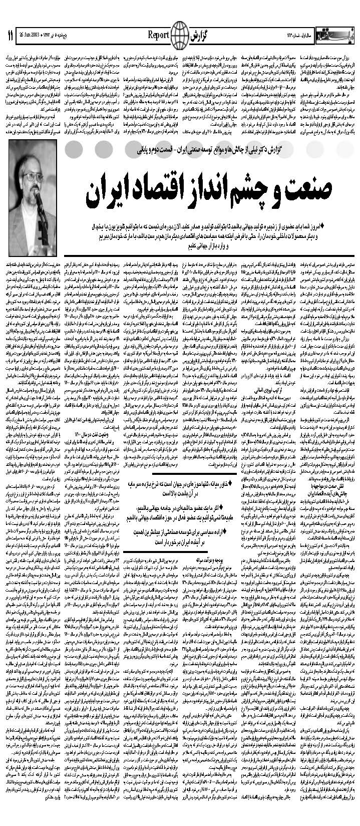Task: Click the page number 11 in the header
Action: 10,36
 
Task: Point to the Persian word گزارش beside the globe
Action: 198,36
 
